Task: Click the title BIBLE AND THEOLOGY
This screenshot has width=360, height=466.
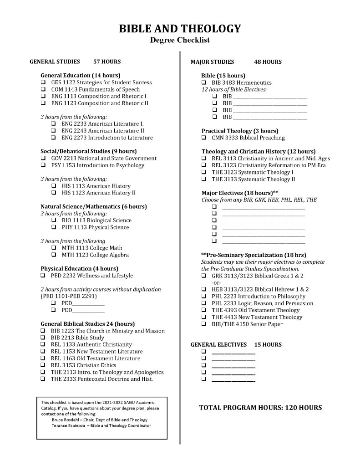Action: [180, 29]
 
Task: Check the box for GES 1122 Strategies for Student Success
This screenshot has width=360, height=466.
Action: [43, 82]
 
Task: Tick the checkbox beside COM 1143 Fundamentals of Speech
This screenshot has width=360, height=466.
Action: [43, 89]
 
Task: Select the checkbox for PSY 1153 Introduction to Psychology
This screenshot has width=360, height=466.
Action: [43, 165]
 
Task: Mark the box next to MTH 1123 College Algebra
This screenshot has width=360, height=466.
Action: [54, 255]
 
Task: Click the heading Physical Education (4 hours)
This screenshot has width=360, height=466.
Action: [79, 268]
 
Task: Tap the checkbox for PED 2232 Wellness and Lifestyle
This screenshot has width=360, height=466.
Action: [43, 276]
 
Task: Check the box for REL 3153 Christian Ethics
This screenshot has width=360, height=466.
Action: [43, 365]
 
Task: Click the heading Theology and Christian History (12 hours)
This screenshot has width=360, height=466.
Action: [259, 151]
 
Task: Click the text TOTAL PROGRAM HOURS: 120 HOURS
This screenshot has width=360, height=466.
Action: [260, 408]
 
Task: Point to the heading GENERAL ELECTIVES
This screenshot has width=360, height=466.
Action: [218, 345]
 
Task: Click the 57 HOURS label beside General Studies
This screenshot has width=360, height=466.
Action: [107, 61]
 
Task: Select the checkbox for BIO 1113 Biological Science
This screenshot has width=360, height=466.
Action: [54, 220]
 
